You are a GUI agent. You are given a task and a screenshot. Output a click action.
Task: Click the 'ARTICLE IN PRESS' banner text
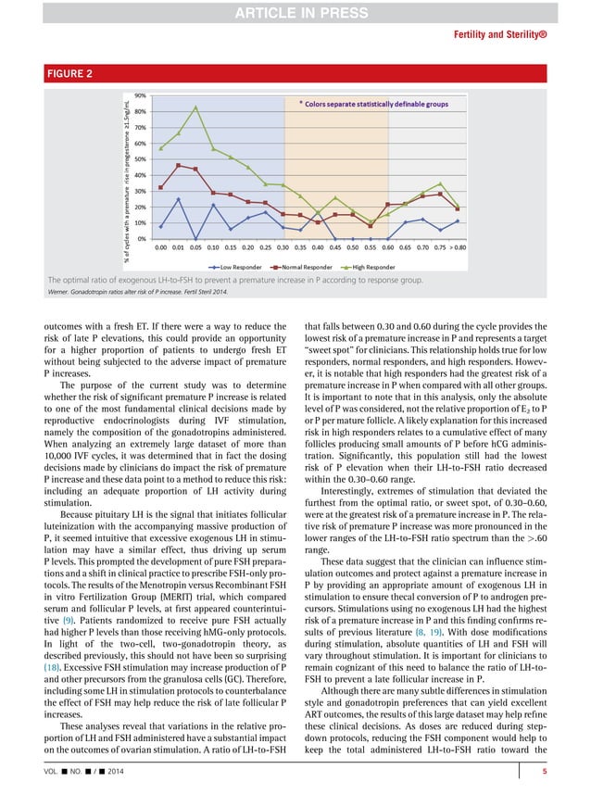[295, 10]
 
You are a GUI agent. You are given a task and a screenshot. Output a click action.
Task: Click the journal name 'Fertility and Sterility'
[525, 36]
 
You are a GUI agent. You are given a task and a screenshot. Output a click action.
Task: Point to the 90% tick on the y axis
[141, 95]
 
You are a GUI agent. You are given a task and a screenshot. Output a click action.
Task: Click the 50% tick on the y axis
[141, 159]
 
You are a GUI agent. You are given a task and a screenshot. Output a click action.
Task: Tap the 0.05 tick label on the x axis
[195, 248]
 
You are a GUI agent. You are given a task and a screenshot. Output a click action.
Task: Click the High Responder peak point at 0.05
[195, 107]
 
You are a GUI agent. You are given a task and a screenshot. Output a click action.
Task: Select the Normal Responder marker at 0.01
[179, 166]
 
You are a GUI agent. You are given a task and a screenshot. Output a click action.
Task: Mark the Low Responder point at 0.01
[179, 199]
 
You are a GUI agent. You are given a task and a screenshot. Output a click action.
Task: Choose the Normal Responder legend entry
[302, 264]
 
